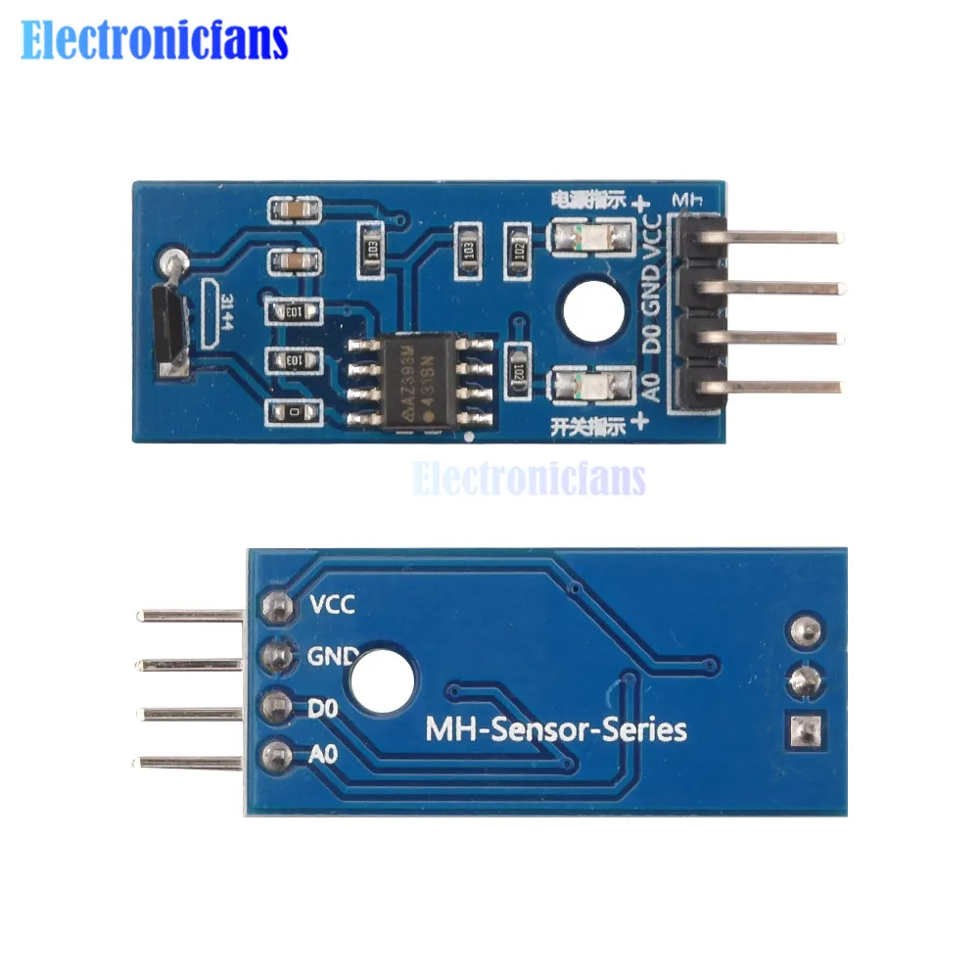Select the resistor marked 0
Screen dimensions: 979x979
294,413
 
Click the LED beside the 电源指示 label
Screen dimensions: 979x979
577,238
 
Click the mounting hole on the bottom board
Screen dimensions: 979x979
381,681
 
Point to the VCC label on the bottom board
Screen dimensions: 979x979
332,604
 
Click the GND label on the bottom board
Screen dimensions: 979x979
334,654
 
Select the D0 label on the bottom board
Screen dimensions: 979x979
323,706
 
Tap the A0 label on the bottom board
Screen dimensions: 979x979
323,755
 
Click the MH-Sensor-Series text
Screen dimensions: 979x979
555,729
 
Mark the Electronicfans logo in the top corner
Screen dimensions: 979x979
155,41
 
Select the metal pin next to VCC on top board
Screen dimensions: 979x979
783,237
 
